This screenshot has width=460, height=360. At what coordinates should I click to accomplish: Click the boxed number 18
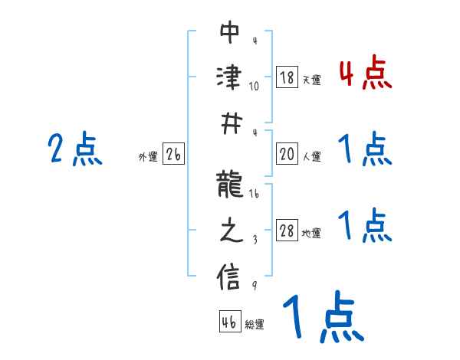point(287,77)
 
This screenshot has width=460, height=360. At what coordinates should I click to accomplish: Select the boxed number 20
point(287,155)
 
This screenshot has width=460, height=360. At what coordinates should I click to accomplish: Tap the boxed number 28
point(287,231)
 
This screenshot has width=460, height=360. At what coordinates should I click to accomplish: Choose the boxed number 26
point(173,155)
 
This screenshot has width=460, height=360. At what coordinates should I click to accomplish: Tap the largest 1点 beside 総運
point(322,317)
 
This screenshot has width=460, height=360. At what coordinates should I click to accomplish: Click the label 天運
point(311,80)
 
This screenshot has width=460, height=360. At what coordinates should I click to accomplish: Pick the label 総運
point(255,325)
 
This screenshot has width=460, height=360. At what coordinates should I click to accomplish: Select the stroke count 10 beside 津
point(254,86)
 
